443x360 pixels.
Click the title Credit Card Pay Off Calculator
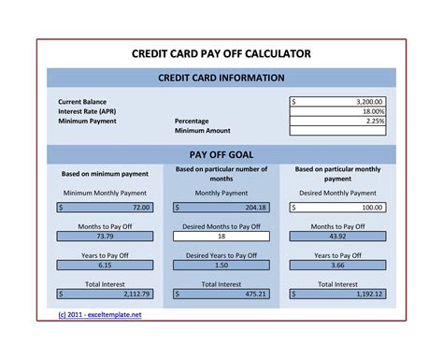[x=221, y=53]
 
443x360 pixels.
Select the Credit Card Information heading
[x=221, y=78]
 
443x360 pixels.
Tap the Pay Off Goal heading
[x=221, y=153]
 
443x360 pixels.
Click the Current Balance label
[x=83, y=101]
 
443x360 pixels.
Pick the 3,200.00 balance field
[x=338, y=101]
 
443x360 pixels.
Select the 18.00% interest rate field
[x=338, y=111]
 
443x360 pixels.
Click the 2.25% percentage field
[x=338, y=122]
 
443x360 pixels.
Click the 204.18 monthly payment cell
[x=221, y=208]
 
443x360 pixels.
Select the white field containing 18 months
[x=221, y=237]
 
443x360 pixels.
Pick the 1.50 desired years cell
[x=221, y=266]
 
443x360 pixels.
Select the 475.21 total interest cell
[x=221, y=294]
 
